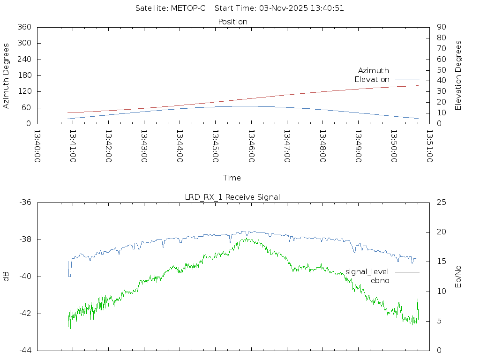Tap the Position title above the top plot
tap(233, 22)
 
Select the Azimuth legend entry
tap(374, 71)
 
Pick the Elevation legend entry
tap(372, 80)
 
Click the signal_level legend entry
tap(367, 272)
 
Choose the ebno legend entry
tap(380, 281)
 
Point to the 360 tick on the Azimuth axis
tap(24, 27)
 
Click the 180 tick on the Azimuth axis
tap(24, 75)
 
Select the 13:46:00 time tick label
tap(251, 146)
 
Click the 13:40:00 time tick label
tap(37, 146)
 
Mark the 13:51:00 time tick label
tap(429, 146)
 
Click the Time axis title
tap(232, 178)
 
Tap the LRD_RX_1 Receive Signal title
tap(232, 197)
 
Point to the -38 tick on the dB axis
tap(25, 240)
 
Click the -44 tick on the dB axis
tap(25, 350)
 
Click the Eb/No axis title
tap(458, 277)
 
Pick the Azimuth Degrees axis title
tap(7, 75)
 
